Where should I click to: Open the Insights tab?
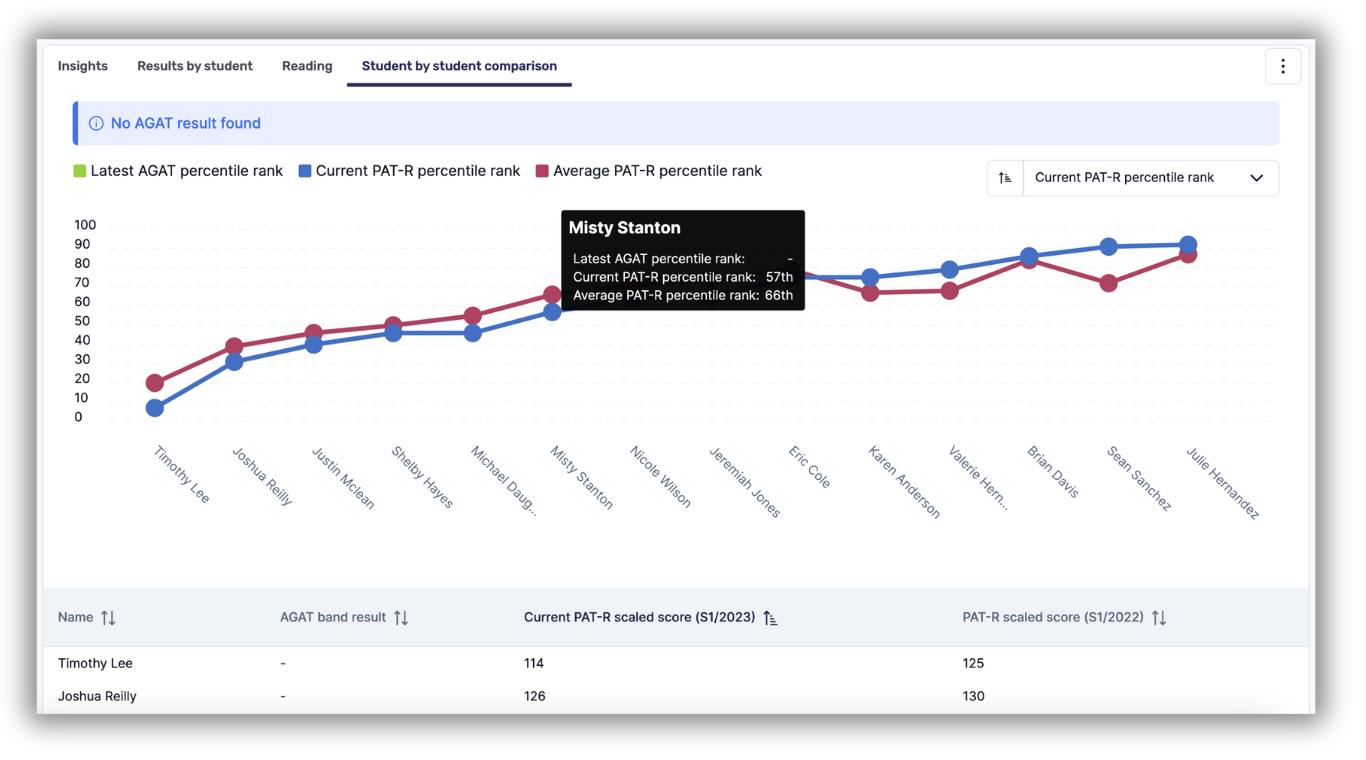(83, 66)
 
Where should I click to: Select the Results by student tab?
(195, 66)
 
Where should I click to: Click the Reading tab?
(307, 66)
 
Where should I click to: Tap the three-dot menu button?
(1283, 67)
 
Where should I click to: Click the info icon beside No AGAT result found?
(96, 123)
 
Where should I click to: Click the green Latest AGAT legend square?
(80, 171)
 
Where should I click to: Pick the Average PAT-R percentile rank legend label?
(657, 171)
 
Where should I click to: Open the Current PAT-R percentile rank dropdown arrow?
(1257, 178)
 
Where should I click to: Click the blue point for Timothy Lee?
(154, 408)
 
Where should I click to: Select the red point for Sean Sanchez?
(1109, 283)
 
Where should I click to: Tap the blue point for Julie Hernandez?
(1188, 245)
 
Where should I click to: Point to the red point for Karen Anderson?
(870, 292)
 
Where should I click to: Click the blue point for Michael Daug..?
(473, 333)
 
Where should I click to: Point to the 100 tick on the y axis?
(85, 225)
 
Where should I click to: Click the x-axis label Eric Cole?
(809, 467)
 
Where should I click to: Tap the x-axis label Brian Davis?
(1052, 471)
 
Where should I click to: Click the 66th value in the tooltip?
(779, 295)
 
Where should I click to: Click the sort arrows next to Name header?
(109, 618)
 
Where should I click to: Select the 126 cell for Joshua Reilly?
(535, 696)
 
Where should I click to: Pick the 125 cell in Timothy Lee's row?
(973, 663)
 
